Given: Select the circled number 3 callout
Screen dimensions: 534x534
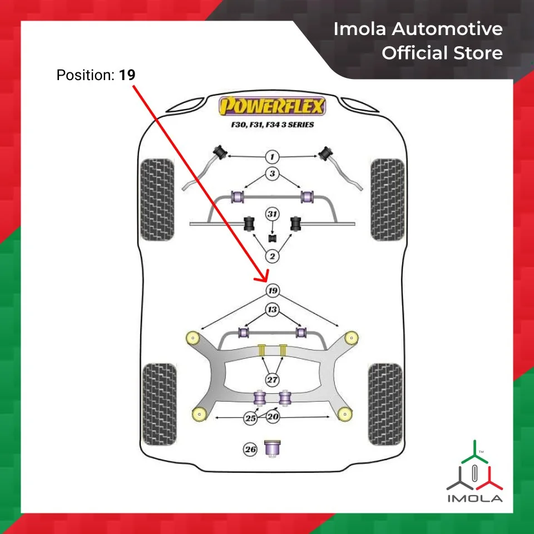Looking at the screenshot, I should [x=272, y=174].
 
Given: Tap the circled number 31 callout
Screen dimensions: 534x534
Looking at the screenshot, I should [x=272, y=214].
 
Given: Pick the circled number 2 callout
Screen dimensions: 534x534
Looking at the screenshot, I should [x=272, y=256].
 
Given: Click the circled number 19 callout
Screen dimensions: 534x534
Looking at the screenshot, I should [x=272, y=291].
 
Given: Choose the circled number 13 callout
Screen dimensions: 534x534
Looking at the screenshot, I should [x=272, y=310].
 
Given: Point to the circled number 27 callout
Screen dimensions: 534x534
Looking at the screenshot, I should [x=272, y=380].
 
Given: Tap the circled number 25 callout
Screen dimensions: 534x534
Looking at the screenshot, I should [x=251, y=418].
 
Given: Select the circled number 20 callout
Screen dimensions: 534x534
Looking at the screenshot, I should [x=273, y=416].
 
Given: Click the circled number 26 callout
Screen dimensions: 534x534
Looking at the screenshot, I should [x=250, y=449].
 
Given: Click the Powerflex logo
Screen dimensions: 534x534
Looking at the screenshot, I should [x=272, y=105].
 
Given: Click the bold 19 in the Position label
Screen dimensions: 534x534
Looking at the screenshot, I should [x=127, y=75].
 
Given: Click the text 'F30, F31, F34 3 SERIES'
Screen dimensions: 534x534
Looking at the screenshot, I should [x=273, y=125].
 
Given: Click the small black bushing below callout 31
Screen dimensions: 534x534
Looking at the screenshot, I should [x=273, y=239].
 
